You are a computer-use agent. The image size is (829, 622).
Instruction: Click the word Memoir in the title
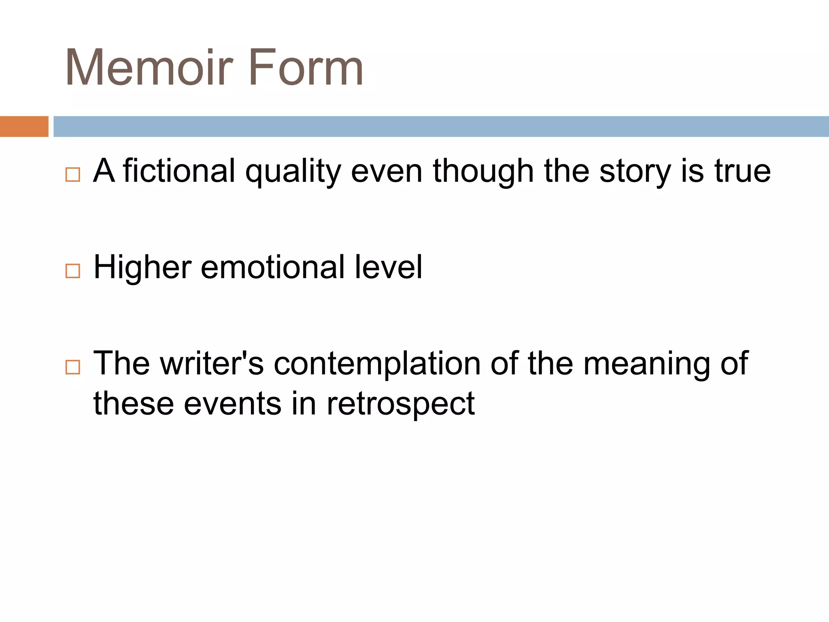149,68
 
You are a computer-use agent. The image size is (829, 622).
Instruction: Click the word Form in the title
306,68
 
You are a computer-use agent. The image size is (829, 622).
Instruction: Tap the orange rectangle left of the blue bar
24,126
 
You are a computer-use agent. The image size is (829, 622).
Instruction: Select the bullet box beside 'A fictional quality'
72,175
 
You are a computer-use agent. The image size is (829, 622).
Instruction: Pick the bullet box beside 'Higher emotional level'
72,271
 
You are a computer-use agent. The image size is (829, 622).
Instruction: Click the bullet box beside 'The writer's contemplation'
72,367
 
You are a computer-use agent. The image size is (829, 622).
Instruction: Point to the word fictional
179,171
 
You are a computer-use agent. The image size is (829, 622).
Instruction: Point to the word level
388,267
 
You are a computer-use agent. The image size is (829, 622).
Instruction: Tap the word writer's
212,363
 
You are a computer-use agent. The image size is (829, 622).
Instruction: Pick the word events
232,404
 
